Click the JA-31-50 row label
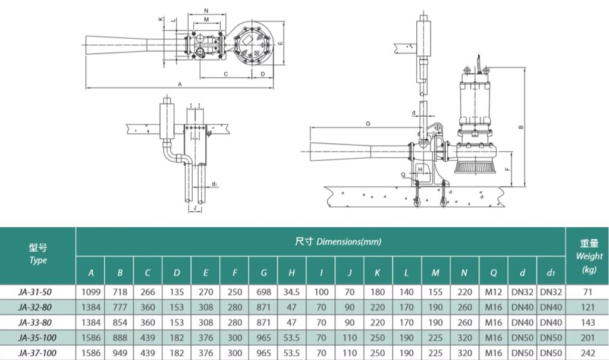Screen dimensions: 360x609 tap(37, 292)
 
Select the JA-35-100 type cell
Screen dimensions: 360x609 tap(37, 339)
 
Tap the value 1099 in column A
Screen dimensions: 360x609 tap(90, 292)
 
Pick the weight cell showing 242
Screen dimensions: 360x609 tap(586, 353)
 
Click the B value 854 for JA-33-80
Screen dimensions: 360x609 tap(120, 323)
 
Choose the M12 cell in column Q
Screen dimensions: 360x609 tap(494, 292)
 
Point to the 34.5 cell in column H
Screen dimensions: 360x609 tap(292, 292)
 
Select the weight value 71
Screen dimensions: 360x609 tap(586, 292)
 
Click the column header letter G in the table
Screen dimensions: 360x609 tap(263, 273)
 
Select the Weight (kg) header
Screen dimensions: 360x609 tap(588, 256)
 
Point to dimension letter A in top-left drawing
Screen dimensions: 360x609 tap(180, 84)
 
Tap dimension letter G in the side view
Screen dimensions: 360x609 tap(368, 124)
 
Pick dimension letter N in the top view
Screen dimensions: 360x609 tap(206, 11)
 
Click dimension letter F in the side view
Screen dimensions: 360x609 tap(506, 169)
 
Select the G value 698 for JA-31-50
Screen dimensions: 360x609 tap(263, 292)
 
